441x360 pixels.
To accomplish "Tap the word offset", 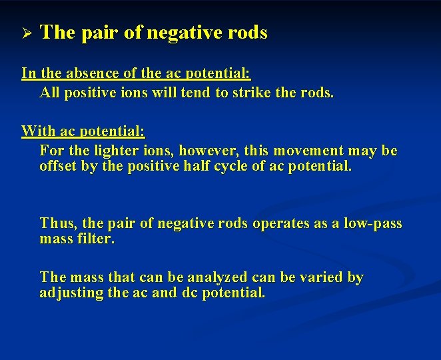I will pos(58,166).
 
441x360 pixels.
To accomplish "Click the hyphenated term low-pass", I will pos(372,223).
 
